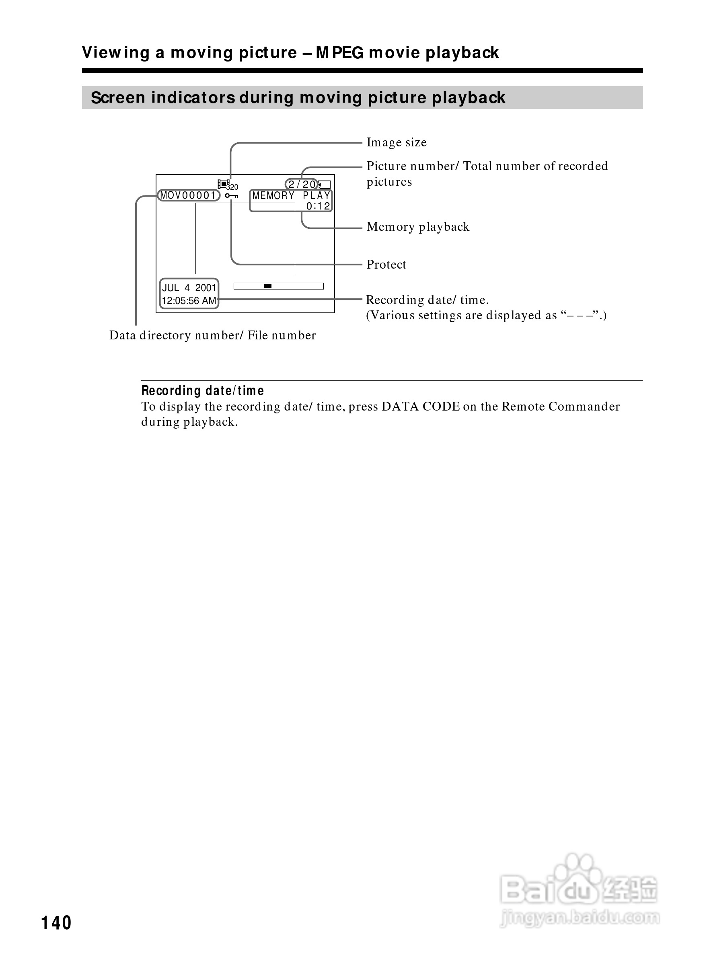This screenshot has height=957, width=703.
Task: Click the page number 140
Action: click(56, 923)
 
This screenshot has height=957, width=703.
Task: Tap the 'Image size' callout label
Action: click(396, 143)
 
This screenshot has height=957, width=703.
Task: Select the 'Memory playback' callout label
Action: click(418, 227)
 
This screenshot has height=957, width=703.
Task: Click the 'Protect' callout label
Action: click(386, 265)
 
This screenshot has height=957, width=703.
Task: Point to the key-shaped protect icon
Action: click(232, 196)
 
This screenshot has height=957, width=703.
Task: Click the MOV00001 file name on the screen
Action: click(188, 195)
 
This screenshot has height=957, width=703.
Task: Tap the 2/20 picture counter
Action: click(302, 184)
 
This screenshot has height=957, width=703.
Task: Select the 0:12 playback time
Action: click(318, 206)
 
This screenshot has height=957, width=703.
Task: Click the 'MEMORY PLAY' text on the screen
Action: click(291, 196)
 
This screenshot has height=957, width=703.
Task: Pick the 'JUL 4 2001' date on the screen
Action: click(189, 288)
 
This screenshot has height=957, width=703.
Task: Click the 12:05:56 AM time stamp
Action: click(189, 301)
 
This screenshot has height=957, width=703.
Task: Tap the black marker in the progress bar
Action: click(268, 286)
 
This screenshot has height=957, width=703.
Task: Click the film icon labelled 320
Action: click(226, 185)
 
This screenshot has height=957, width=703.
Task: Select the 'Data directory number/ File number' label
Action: click(212, 335)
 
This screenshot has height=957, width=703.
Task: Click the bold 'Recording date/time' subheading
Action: click(203, 390)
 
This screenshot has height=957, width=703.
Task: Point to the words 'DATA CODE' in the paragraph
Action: click(420, 407)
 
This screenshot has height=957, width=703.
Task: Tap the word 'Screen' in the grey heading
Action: click(118, 98)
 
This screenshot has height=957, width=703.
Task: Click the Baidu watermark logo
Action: click(579, 887)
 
